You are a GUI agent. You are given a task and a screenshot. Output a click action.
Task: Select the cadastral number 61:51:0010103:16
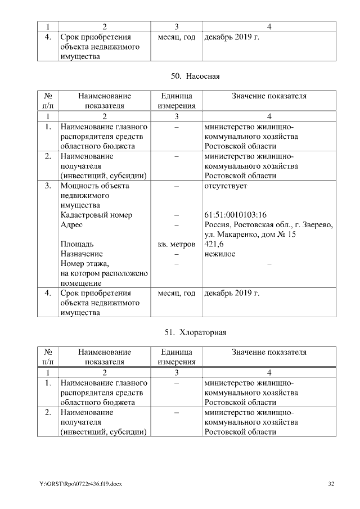235,215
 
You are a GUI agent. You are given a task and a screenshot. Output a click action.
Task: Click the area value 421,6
214,244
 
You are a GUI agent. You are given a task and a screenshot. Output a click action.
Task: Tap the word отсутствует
226,186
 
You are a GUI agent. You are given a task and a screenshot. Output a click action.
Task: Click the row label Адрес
71,224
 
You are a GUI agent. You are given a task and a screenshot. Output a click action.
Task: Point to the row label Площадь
77,244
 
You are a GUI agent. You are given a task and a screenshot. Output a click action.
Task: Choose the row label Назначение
82,254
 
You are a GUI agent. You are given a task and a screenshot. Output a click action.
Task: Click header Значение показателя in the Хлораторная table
269,352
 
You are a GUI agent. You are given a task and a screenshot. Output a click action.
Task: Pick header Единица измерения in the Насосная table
177,101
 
